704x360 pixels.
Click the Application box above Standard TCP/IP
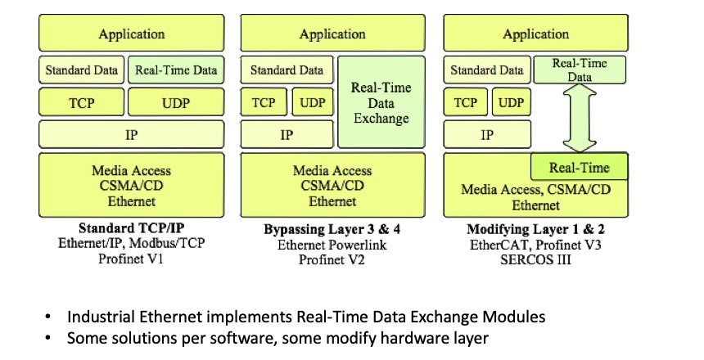[131, 34]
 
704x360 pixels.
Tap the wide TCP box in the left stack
[80, 103]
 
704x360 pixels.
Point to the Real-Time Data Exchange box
[381, 102]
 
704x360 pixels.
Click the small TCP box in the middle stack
[264, 103]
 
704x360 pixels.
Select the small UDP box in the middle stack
[312, 103]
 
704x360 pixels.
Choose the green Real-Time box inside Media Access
[580, 168]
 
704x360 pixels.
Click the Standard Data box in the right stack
[486, 70]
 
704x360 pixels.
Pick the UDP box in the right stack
[511, 103]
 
